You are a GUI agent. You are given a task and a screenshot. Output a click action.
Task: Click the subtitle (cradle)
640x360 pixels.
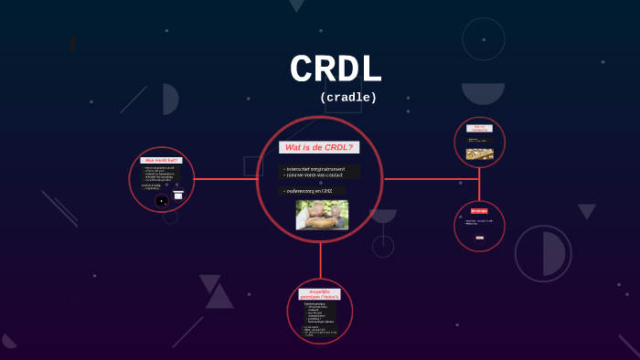point(348,97)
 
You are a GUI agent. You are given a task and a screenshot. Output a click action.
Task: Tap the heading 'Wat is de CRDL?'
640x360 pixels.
point(319,147)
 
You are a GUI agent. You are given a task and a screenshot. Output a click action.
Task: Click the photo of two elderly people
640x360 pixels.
point(321,215)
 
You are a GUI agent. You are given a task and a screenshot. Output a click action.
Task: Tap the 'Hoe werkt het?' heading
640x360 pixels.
point(162,160)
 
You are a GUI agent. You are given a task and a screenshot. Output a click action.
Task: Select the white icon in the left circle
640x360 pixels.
point(178,195)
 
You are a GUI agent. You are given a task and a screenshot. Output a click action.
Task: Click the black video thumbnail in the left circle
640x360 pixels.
point(162,199)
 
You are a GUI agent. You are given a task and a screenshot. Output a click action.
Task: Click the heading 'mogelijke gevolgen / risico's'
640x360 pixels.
point(320,294)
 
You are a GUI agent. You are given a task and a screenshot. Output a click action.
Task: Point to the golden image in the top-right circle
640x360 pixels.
point(480,154)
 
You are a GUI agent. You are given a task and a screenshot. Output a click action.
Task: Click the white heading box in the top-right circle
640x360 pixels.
point(479,128)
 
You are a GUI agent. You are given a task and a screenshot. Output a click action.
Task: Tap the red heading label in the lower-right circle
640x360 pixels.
point(479,211)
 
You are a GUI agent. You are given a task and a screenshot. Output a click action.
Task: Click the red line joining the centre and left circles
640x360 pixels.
point(225,179)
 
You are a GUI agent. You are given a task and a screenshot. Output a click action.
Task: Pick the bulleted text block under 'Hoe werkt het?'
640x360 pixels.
point(160,175)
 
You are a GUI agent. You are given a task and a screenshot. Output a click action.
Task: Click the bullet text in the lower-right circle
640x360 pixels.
point(479,222)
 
